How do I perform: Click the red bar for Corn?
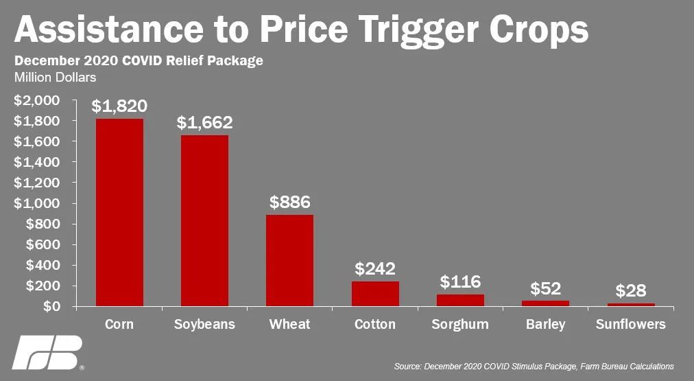click(119, 212)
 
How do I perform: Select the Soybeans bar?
click(204, 220)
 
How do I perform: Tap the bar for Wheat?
click(289, 260)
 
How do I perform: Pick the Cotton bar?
click(375, 293)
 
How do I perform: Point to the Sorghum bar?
click(460, 300)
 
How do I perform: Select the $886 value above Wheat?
click(290, 203)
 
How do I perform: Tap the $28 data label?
click(631, 290)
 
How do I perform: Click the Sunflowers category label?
click(631, 324)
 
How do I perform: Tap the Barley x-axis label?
click(546, 324)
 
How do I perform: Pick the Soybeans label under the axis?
click(204, 324)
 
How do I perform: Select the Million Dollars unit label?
click(56, 78)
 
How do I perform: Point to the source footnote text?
click(534, 367)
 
